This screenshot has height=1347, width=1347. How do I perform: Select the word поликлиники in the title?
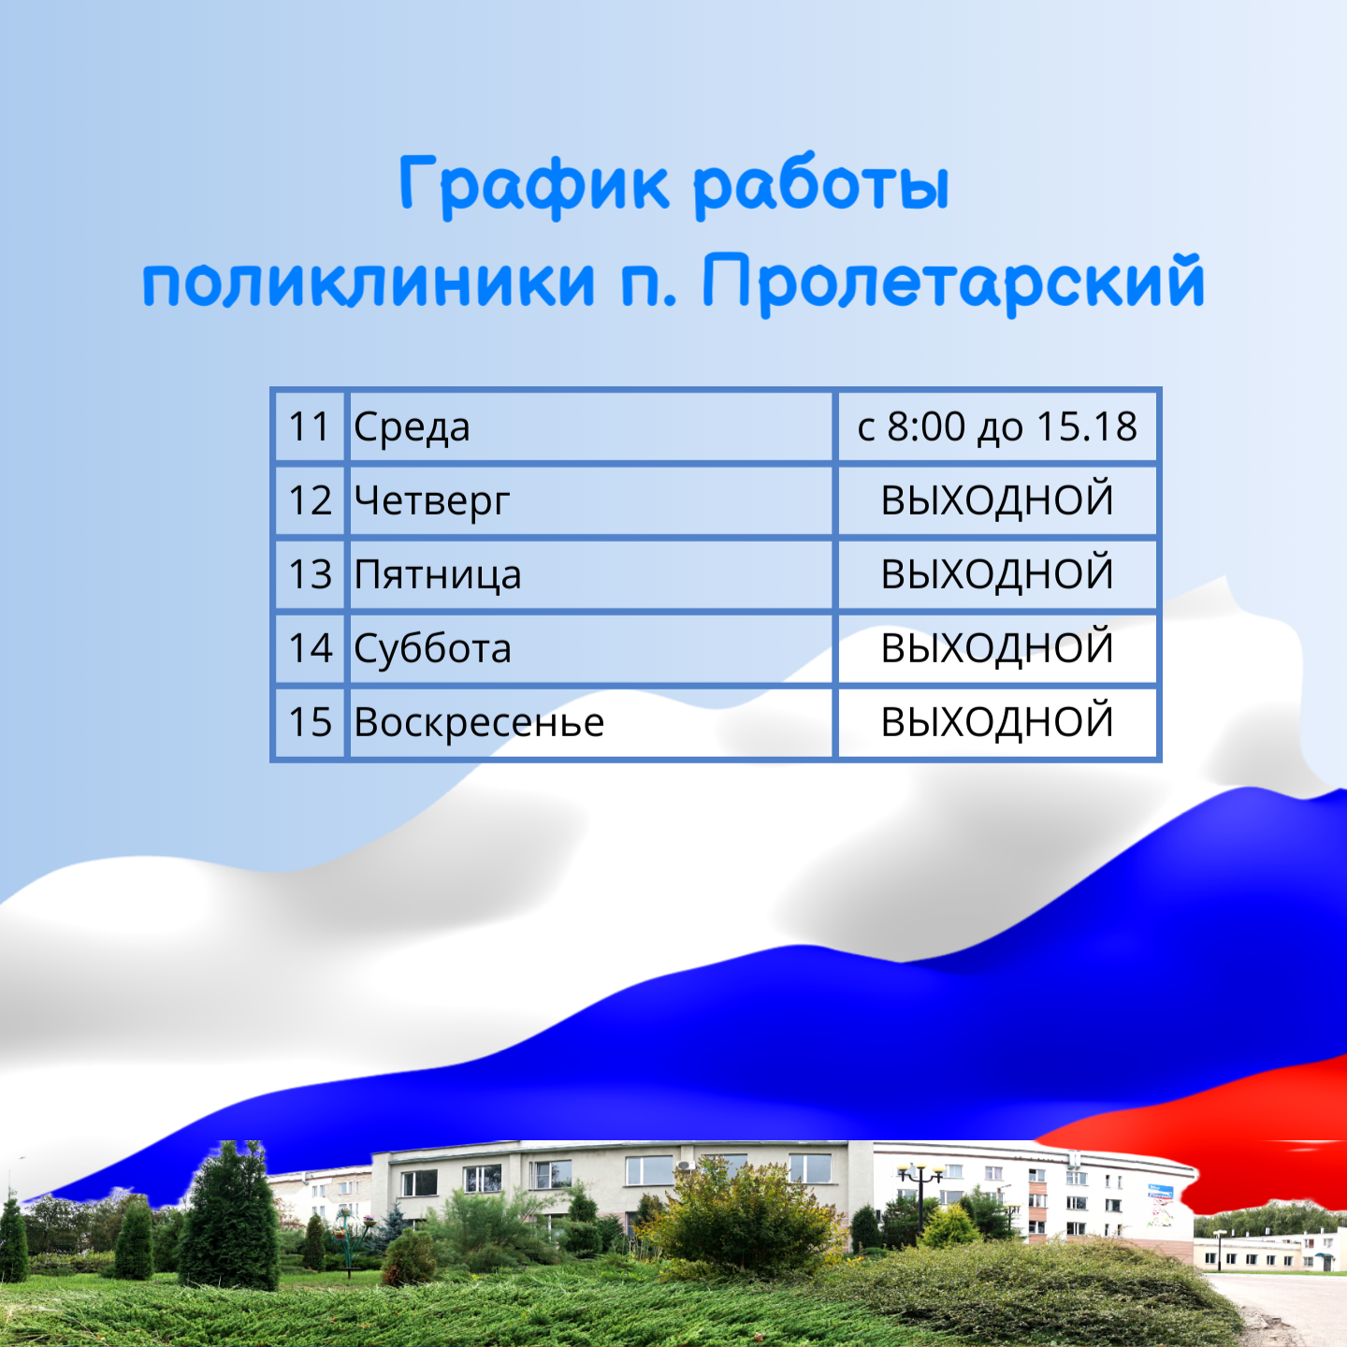(369, 283)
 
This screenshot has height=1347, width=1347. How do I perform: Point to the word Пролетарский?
(953, 284)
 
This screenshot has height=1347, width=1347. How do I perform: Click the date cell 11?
(310, 427)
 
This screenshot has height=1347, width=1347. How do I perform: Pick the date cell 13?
(310, 574)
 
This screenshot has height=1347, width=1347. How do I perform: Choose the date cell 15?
(310, 722)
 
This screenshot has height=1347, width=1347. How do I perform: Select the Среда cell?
(590, 427)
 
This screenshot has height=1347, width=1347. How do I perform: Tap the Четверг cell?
(590, 500)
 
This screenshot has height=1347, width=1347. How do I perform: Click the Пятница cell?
(590, 574)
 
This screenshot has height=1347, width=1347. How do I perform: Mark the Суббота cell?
(590, 648)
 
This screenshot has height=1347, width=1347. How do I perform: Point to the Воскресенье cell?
(590, 722)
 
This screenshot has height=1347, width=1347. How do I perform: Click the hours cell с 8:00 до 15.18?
(997, 427)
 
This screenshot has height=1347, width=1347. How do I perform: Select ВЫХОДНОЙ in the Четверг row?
(997, 500)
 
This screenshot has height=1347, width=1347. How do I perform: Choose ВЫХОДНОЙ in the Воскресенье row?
(997, 722)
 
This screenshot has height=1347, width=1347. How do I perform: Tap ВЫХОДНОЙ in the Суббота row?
(997, 648)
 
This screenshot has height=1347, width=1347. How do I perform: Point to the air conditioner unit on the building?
(686, 1166)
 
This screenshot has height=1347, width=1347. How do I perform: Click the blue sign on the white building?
(1160, 1191)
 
